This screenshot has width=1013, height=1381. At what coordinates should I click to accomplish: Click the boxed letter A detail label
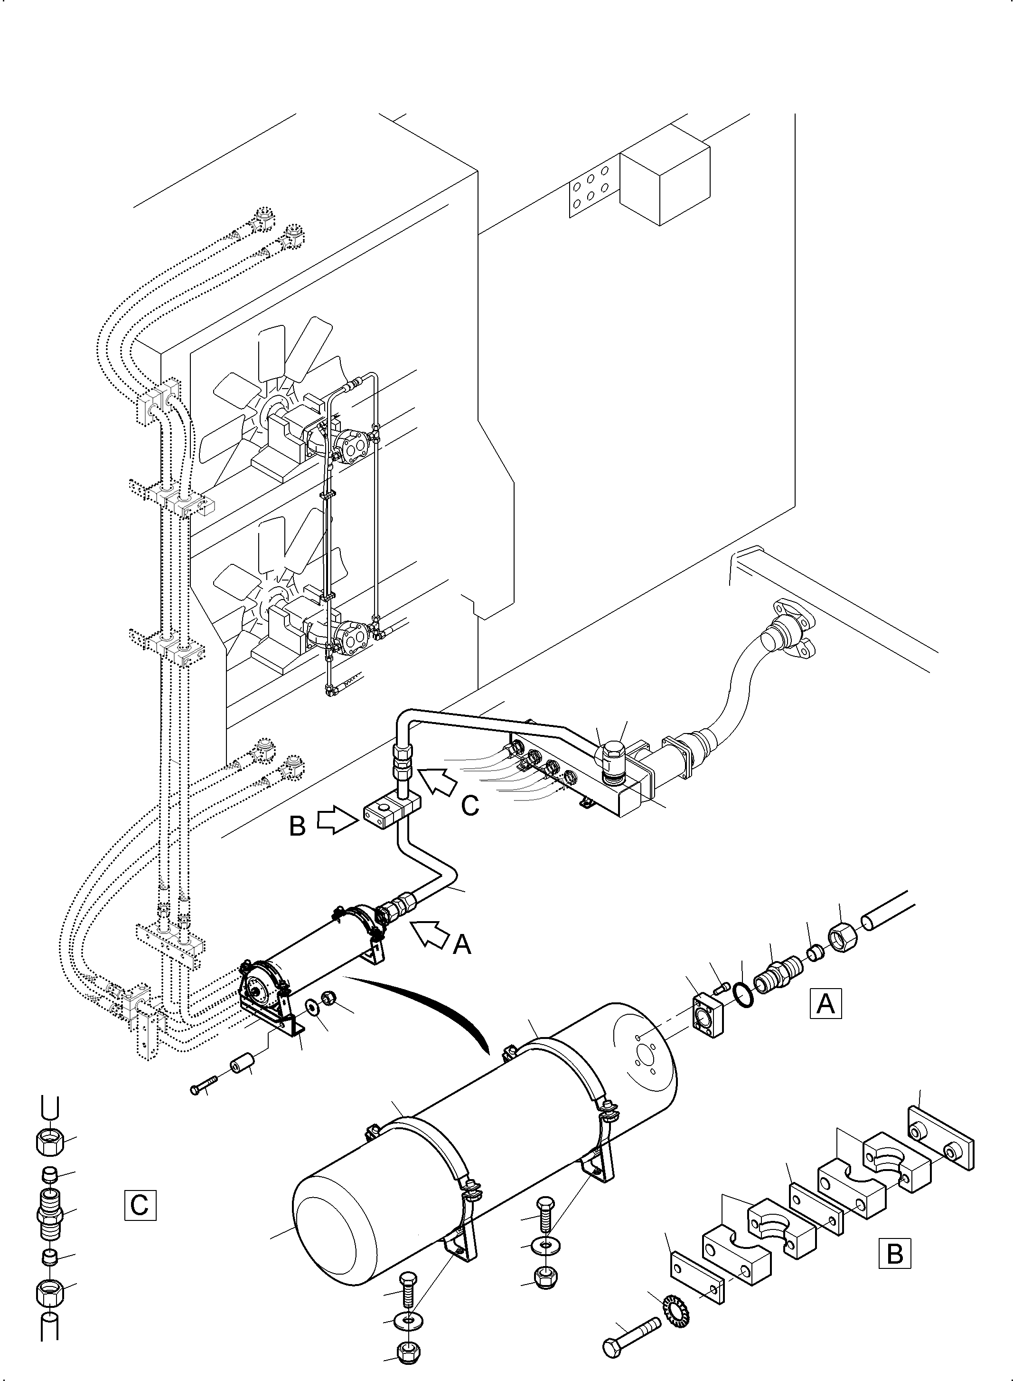tap(825, 1003)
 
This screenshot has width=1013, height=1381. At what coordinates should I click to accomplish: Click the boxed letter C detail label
tap(140, 1204)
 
